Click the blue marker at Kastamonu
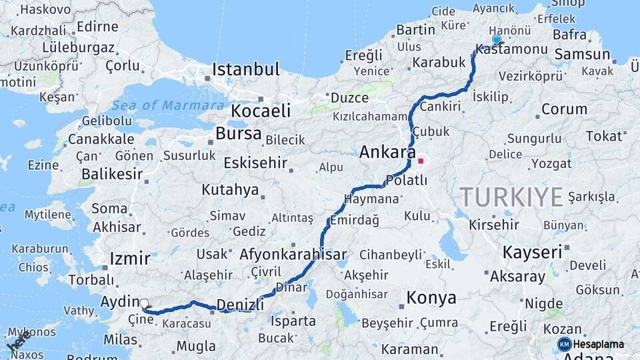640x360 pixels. pyautogui.click(x=496, y=40)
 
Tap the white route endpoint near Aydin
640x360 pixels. pyautogui.click(x=145, y=304)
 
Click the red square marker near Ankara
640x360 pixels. pyautogui.click(x=421, y=161)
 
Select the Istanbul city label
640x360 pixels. pyautogui.click(x=245, y=69)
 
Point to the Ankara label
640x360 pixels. pyautogui.click(x=387, y=152)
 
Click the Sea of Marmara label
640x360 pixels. pyautogui.click(x=167, y=105)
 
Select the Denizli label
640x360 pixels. pyautogui.click(x=241, y=304)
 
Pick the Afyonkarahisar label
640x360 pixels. pyautogui.click(x=293, y=254)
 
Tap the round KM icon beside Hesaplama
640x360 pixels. pyautogui.click(x=564, y=344)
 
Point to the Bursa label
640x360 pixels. pyautogui.click(x=238, y=133)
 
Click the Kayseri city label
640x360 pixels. pyautogui.click(x=532, y=252)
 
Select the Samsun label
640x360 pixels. pyautogui.click(x=582, y=55)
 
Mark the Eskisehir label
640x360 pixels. pyautogui.click(x=255, y=163)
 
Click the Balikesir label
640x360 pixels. pyautogui.click(x=111, y=175)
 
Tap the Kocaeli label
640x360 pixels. pyautogui.click(x=261, y=111)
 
